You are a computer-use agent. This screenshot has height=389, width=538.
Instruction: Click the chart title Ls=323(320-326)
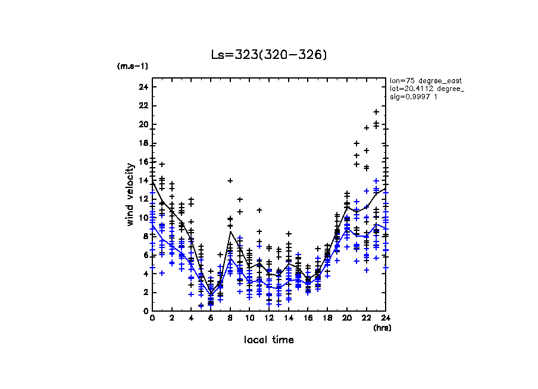(269, 55)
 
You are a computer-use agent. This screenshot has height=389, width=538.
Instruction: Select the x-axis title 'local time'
(269, 340)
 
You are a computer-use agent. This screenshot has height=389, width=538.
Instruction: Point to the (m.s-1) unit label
(133, 66)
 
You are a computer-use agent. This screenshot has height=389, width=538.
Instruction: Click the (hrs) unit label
(381, 327)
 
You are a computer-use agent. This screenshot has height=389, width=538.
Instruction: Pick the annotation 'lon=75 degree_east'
(426, 80)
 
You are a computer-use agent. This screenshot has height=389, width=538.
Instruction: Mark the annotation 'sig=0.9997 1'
(413, 97)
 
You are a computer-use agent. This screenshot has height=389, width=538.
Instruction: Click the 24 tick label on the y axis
(143, 87)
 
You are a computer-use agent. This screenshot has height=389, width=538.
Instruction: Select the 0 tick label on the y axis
(145, 310)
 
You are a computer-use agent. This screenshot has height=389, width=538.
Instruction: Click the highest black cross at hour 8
(230, 180)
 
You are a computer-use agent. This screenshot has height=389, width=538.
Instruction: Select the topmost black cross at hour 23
(376, 112)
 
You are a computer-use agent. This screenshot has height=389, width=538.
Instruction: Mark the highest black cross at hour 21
(356, 143)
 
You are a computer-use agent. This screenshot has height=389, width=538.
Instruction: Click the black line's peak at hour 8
(230, 231)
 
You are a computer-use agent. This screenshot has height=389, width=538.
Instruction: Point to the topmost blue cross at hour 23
(376, 180)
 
